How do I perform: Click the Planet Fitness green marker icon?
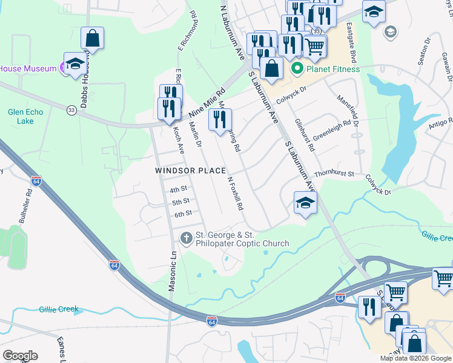point(297,68)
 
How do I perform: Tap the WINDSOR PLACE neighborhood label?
point(191,171)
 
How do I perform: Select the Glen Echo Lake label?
point(21,116)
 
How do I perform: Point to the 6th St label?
point(183,214)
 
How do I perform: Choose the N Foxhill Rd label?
point(235,193)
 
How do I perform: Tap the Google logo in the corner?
point(20,356)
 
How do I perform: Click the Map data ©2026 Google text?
point(415,358)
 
